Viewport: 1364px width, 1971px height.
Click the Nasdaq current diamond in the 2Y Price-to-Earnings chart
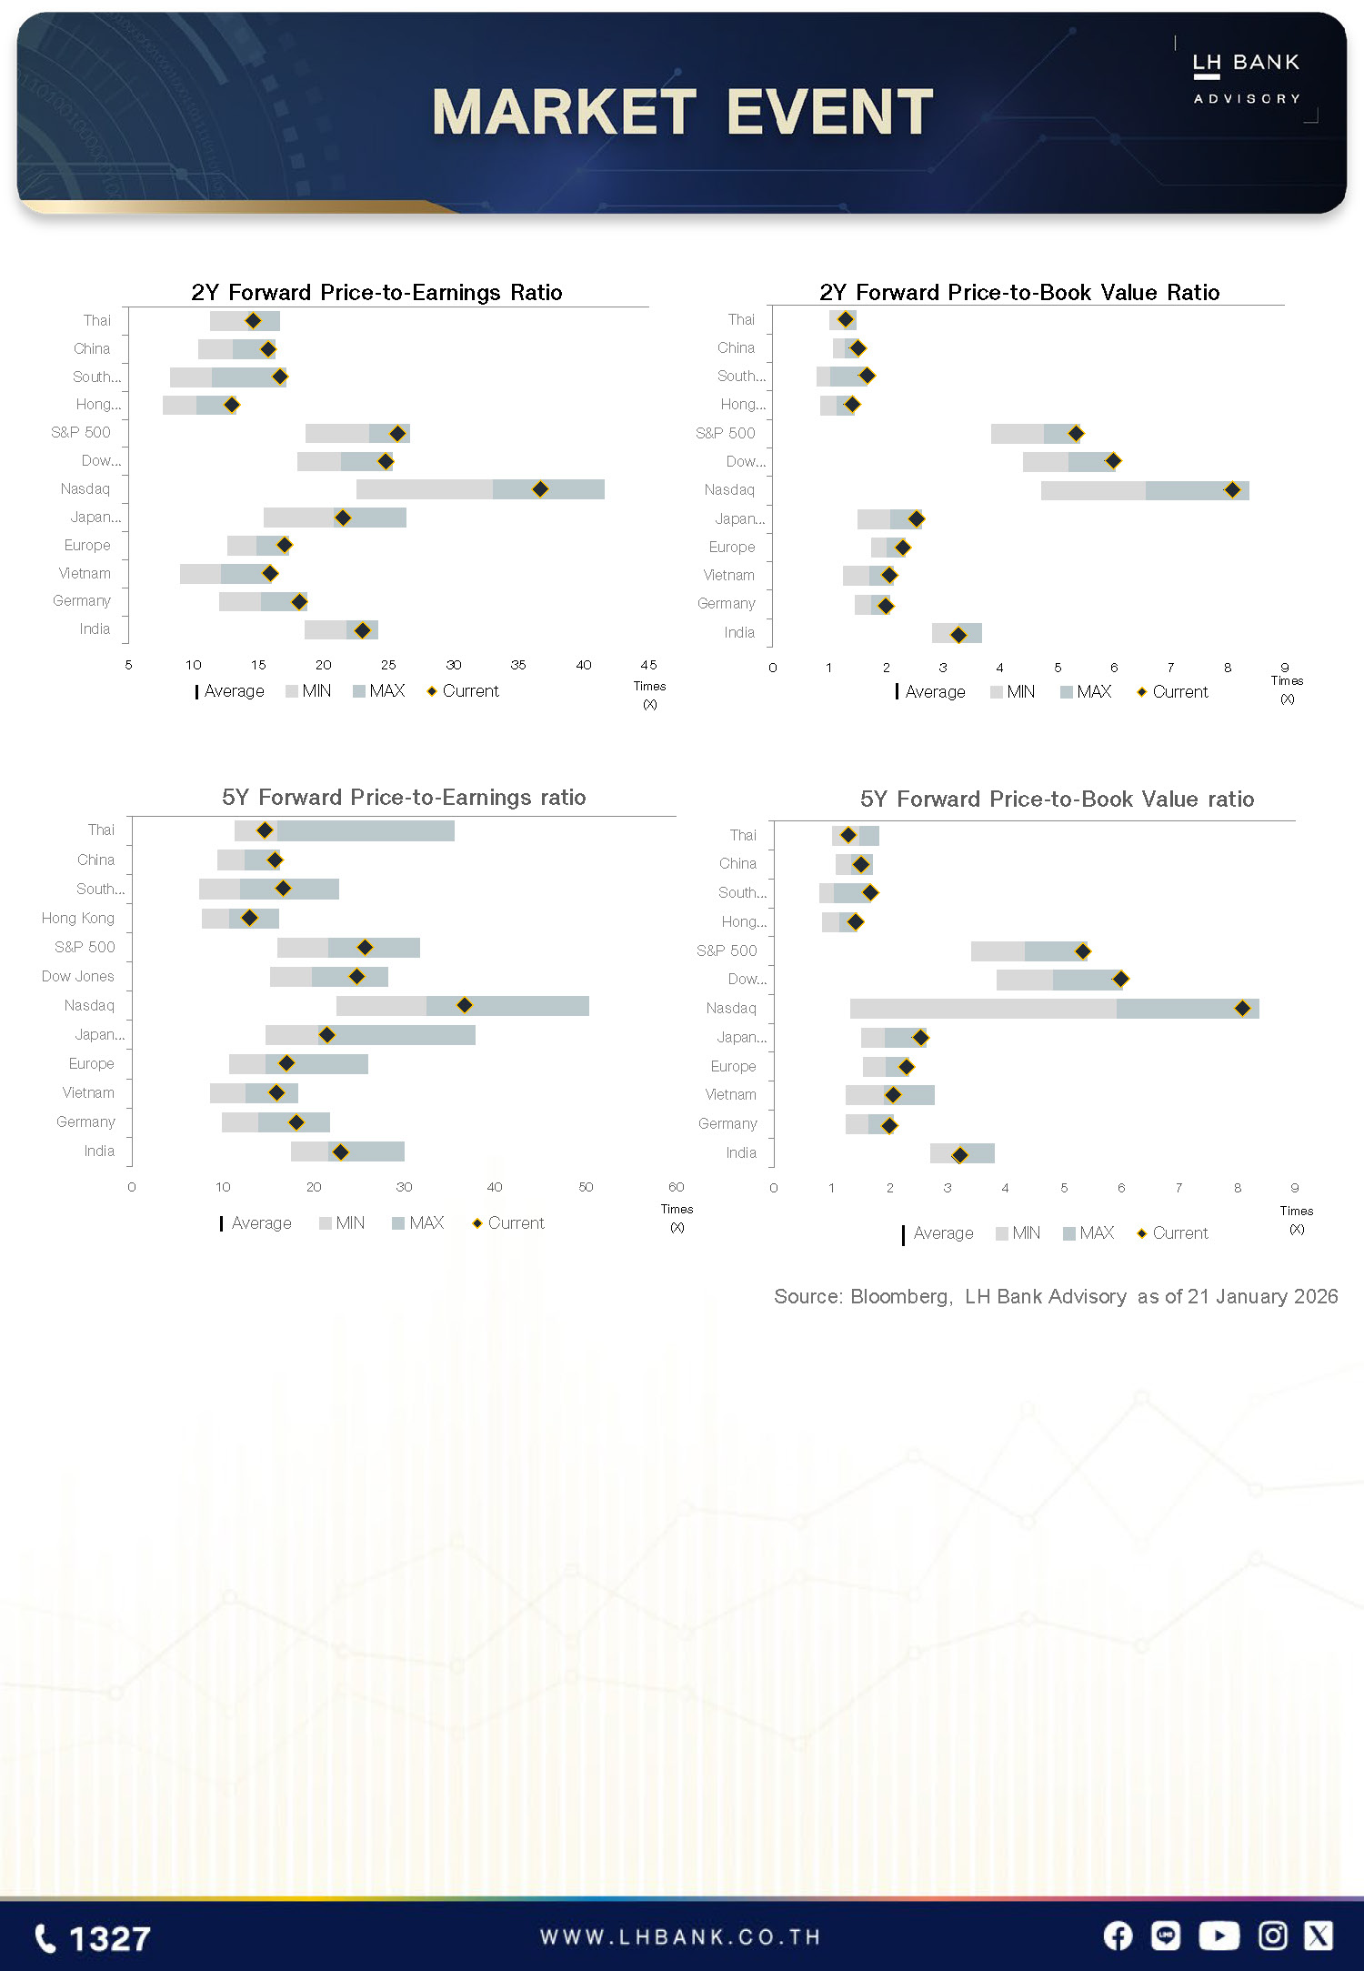[540, 489]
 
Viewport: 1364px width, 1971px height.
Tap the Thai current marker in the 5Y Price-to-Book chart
[848, 835]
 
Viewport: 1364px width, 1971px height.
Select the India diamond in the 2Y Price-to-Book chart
[958, 634]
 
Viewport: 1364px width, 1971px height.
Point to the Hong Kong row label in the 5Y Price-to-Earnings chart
[78, 918]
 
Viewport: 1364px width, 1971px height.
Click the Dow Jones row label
[78, 976]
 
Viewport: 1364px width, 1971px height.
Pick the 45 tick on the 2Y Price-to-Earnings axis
[648, 665]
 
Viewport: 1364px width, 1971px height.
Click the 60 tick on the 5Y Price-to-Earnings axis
[676, 1187]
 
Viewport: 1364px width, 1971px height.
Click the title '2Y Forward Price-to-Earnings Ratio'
[376, 292]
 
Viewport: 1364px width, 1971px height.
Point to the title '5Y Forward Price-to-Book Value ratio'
[1057, 799]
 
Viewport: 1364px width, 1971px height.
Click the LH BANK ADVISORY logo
[1246, 78]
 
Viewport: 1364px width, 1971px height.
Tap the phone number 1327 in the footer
[93, 1938]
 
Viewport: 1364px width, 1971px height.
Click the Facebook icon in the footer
[1118, 1936]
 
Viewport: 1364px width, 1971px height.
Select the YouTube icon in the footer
[1219, 1936]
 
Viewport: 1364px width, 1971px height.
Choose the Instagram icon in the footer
[1272, 1936]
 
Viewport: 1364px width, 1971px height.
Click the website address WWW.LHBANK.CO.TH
[680, 1937]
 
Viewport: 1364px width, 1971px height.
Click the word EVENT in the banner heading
[829, 112]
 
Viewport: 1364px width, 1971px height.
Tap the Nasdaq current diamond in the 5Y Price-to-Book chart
[1242, 1008]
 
